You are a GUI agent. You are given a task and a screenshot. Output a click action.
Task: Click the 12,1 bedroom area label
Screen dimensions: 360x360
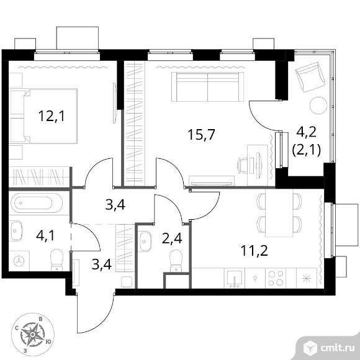pos(52,116)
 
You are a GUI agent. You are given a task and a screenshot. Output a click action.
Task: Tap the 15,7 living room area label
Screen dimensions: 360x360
pos(201,135)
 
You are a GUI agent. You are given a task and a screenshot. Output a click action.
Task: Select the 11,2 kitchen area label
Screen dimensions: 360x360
pos(254,251)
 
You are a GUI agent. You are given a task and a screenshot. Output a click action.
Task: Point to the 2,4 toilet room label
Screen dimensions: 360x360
pos(172,239)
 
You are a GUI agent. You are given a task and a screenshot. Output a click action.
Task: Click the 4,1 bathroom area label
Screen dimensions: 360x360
pos(45,236)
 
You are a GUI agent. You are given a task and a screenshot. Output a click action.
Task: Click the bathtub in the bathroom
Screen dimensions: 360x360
pos(37,203)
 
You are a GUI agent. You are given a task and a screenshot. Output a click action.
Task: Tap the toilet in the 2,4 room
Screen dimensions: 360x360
pos(176,261)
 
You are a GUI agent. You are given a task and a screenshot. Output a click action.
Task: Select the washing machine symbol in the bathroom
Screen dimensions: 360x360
pos(19,261)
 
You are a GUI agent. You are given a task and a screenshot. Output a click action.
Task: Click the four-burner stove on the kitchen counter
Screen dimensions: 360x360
pos(276,278)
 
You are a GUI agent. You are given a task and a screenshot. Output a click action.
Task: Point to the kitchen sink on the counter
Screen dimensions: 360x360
pos(235,279)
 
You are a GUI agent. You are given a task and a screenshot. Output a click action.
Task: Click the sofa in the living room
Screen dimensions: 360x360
pos(207,87)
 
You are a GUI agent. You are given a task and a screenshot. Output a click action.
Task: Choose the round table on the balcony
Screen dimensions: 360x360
pos(318,106)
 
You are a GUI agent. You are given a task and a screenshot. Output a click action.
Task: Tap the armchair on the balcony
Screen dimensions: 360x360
pos(310,77)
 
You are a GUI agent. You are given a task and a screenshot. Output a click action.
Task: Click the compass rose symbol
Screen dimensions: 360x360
pos(33,335)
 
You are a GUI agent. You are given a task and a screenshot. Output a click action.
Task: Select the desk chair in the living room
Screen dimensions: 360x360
pos(243,165)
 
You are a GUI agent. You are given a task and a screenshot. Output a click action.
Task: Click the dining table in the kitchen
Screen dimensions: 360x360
pos(279,213)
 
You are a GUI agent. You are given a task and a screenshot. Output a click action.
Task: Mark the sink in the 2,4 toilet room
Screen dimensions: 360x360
pos(145,241)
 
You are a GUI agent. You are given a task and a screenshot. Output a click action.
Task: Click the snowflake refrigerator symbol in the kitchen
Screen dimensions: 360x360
pos(307,278)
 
